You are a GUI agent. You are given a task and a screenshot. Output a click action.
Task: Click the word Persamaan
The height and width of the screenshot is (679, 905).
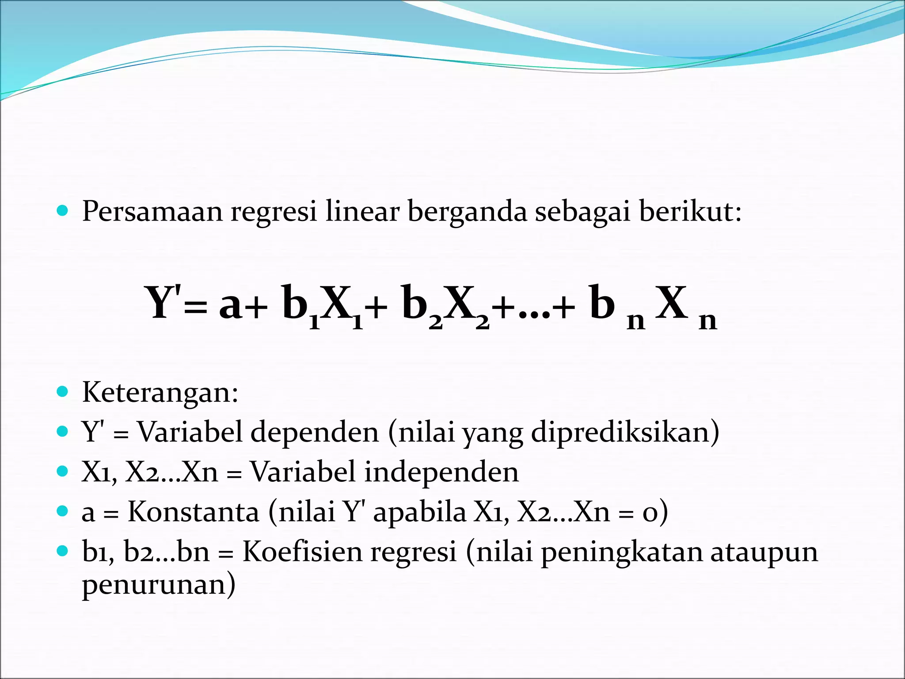(152, 212)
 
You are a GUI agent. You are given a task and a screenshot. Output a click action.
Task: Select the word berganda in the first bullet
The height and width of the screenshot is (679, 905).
(467, 212)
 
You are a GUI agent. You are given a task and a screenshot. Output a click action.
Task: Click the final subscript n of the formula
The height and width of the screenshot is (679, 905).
(707, 321)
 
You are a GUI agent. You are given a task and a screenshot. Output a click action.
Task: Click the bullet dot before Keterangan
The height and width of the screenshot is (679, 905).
(63, 392)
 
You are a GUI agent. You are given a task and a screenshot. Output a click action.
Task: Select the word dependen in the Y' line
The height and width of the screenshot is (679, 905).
(315, 432)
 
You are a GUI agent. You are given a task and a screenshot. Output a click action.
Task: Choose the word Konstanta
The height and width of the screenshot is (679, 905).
(193, 512)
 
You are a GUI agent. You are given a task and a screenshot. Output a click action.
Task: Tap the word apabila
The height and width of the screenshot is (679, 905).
(419, 512)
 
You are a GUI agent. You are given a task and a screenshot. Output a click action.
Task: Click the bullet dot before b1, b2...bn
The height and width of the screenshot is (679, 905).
(63, 551)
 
